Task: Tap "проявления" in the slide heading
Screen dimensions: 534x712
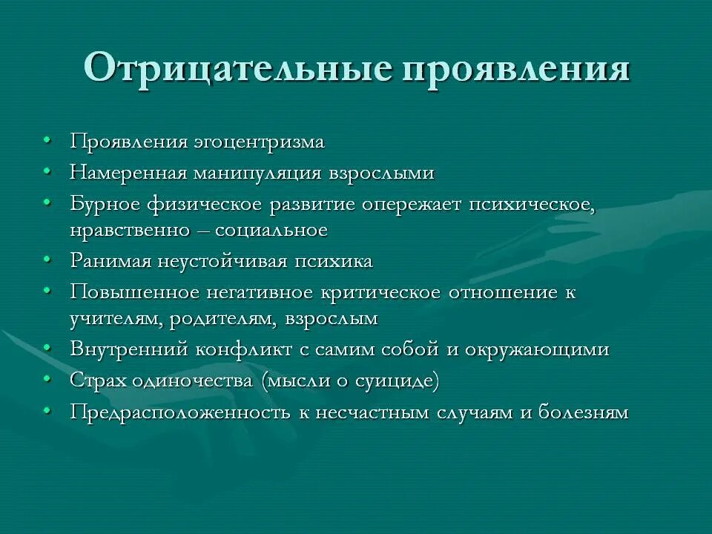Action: coord(516,68)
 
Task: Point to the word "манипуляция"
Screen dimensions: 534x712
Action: coord(257,173)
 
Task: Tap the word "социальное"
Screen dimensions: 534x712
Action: coord(271,230)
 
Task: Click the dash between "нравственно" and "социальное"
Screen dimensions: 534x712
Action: coord(201,231)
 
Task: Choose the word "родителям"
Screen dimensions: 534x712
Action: coord(228,320)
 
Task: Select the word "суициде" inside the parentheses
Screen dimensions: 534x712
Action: coord(398,380)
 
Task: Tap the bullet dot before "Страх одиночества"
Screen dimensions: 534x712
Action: coord(47,379)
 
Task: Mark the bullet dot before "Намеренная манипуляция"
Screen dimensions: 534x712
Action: coord(47,171)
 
